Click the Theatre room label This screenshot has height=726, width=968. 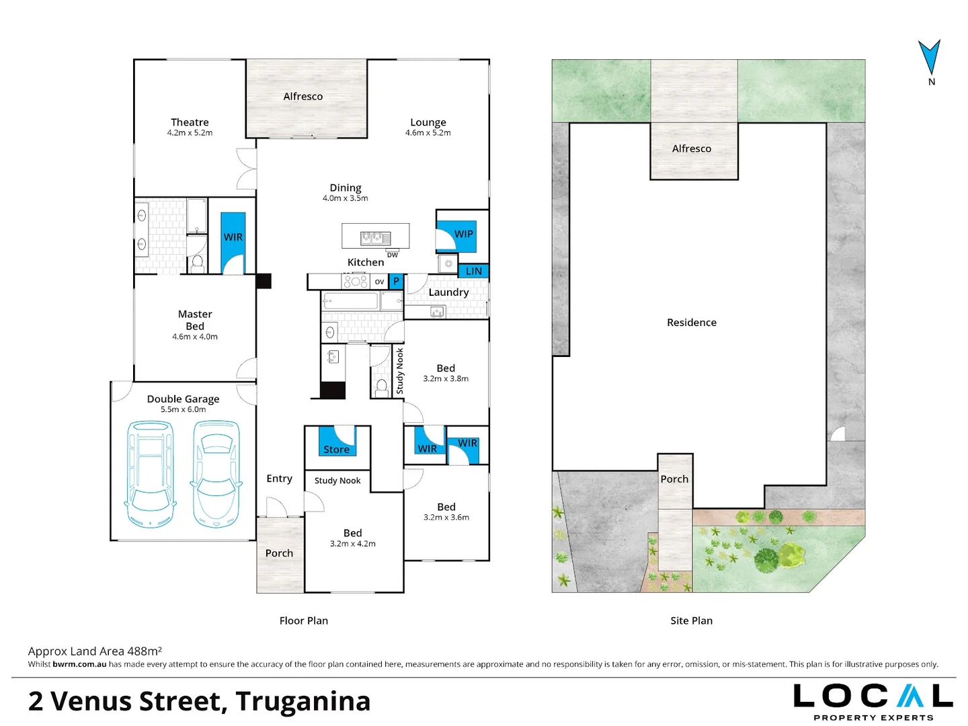click(x=190, y=122)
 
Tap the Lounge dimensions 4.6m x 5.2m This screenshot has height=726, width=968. click(x=428, y=133)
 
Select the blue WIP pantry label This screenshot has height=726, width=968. click(x=463, y=234)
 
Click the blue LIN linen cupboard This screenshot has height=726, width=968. click(x=474, y=271)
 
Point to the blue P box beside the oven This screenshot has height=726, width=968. click(x=396, y=281)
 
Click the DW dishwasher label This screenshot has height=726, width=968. click(x=393, y=255)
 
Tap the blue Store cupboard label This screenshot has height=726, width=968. click(x=336, y=449)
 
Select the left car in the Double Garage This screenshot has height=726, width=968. click(x=151, y=473)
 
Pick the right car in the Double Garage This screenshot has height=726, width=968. click(x=216, y=473)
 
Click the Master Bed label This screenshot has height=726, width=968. click(x=195, y=320)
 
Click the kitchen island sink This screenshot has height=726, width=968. click(x=375, y=237)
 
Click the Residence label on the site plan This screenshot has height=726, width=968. click(x=691, y=323)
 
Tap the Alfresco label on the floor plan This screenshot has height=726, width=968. click(x=302, y=96)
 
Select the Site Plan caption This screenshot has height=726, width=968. click(x=691, y=620)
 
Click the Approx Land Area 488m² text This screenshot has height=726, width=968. click(x=95, y=651)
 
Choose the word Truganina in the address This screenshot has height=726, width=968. click(x=302, y=701)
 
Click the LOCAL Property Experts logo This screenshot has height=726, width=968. click(x=873, y=701)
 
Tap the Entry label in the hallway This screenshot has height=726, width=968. click(x=279, y=479)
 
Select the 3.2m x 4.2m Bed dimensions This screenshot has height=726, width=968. click(x=352, y=544)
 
